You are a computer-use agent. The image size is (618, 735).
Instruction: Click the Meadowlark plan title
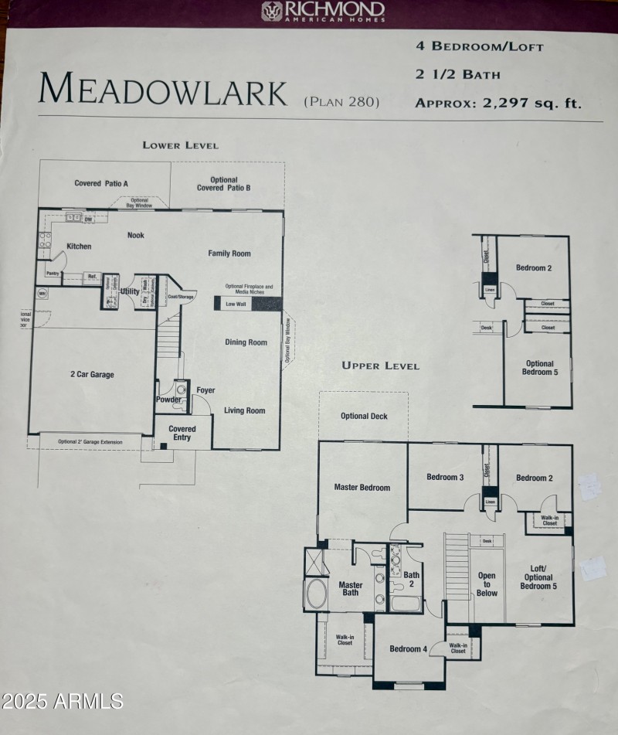click(x=163, y=90)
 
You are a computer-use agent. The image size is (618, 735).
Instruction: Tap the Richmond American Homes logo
click(x=323, y=12)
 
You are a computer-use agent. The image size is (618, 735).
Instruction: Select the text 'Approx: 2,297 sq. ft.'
click(x=497, y=102)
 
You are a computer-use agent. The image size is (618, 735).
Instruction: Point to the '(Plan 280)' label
click(x=341, y=101)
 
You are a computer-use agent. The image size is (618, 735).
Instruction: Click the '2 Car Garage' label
click(x=92, y=375)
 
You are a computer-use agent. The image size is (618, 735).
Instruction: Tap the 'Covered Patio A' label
click(x=101, y=183)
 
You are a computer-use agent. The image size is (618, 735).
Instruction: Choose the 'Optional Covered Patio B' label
click(x=224, y=184)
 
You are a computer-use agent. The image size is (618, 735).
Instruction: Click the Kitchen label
click(x=79, y=247)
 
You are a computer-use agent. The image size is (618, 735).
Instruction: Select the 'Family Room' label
click(x=229, y=254)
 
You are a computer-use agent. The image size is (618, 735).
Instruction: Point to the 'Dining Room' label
click(x=246, y=342)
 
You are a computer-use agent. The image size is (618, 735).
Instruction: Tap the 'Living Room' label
click(x=244, y=410)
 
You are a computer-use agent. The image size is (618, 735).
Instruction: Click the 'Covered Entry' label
click(x=182, y=434)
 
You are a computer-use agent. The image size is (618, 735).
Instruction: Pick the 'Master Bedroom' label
click(x=362, y=488)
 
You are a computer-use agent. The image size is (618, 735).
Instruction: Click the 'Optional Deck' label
click(x=364, y=417)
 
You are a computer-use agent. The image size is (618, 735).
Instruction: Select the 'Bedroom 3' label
click(x=445, y=478)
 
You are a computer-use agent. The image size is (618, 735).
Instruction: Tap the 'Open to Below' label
click(x=487, y=584)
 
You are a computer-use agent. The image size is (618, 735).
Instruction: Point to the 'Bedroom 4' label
click(x=408, y=648)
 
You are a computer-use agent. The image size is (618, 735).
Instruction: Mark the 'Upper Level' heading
click(x=381, y=366)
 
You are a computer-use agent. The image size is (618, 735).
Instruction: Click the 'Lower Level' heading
click(x=180, y=145)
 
